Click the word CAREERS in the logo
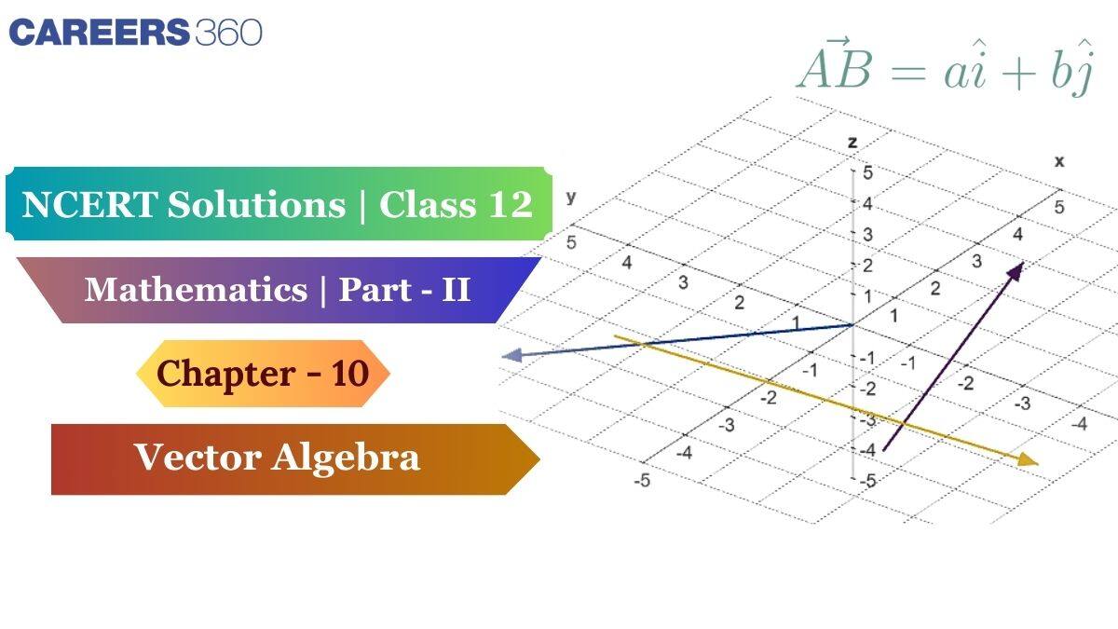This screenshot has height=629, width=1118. (98, 33)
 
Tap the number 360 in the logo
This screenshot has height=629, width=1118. (228, 33)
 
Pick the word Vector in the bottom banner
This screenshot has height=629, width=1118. (193, 458)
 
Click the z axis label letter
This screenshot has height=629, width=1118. (852, 143)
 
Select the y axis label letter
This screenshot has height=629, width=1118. (570, 198)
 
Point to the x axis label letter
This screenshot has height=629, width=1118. (1059, 161)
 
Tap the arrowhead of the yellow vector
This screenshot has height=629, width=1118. (1028, 459)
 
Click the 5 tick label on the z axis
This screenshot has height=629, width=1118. (867, 172)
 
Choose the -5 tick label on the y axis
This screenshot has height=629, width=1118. (641, 481)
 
